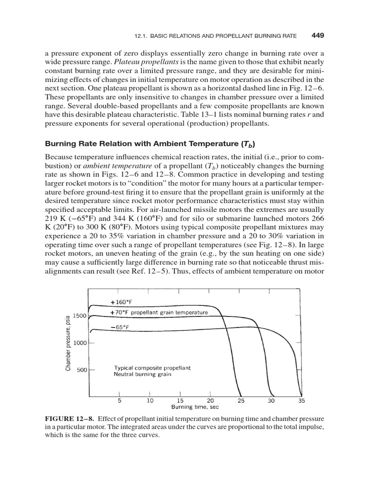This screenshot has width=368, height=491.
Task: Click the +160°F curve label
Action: pyautogui.click(x=123, y=303)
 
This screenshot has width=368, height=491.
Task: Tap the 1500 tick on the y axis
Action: pyautogui.click(x=80, y=316)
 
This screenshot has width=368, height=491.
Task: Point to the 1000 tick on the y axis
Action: pyautogui.click(x=80, y=343)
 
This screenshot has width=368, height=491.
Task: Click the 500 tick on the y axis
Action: pyautogui.click(x=82, y=370)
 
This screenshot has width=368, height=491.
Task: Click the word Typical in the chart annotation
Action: pyautogui.click(x=125, y=368)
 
